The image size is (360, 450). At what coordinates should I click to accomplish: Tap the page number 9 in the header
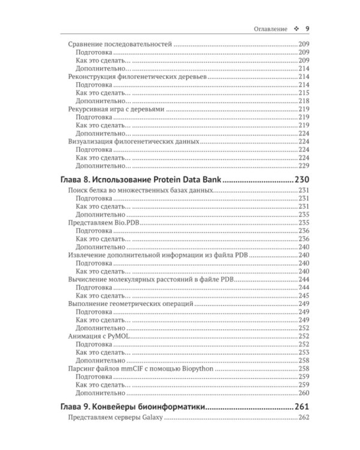click(307, 28)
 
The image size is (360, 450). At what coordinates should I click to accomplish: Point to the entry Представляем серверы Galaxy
click(112, 418)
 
